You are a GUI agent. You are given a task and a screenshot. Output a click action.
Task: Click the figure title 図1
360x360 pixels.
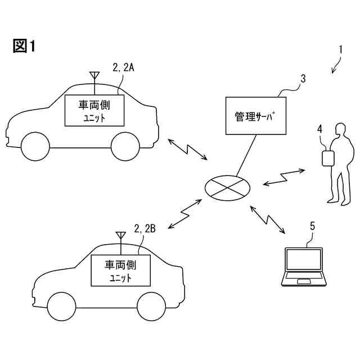(x=24, y=46)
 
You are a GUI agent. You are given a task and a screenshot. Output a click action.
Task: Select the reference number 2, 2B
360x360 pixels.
(x=145, y=228)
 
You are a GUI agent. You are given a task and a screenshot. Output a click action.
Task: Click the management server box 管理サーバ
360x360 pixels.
(x=256, y=116)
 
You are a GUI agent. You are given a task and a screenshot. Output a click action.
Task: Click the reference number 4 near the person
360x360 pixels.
(x=319, y=129)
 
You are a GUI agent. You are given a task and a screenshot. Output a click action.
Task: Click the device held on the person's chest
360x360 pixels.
(x=326, y=157)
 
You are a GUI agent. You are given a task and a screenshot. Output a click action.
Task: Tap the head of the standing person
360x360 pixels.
(x=339, y=130)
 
